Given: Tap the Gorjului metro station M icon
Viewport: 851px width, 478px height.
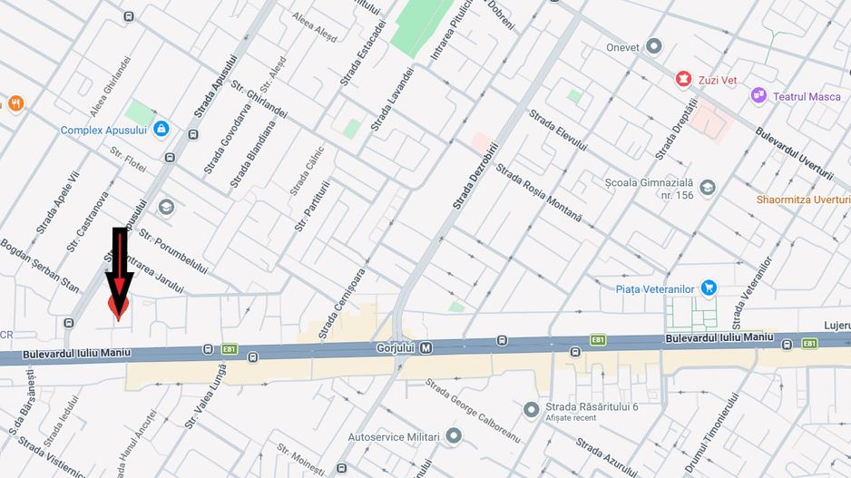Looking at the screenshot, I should (425, 347).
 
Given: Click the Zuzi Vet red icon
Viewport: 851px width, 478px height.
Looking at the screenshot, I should (681, 80).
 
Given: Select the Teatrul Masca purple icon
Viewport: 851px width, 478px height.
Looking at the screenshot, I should (758, 95).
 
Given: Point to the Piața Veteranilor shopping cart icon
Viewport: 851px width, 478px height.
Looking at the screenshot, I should (709, 288).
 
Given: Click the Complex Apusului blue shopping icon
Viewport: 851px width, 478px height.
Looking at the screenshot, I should (161, 130).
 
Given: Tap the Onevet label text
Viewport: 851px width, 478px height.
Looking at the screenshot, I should (622, 47).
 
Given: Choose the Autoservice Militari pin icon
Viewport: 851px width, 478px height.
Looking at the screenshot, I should (454, 436).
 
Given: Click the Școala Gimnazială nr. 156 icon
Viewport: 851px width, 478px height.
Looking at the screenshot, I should (708, 188).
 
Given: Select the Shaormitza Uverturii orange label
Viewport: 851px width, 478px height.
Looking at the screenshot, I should (804, 200).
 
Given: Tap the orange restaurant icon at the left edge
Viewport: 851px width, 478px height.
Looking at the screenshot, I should (15, 103).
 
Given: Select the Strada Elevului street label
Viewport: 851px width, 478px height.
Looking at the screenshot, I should (558, 132).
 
